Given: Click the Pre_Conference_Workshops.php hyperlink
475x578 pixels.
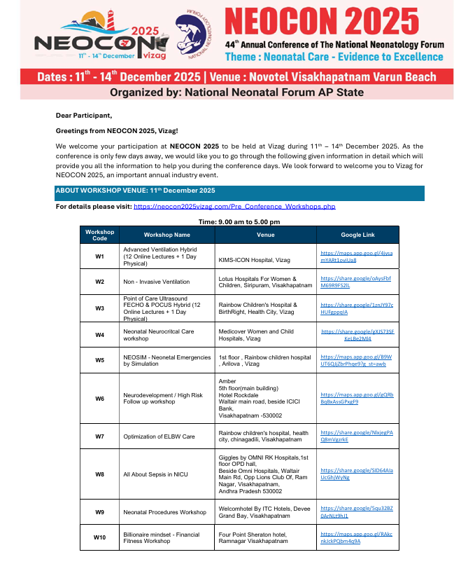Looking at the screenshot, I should pos(234,207).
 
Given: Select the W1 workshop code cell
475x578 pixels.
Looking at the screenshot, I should pos(99,256).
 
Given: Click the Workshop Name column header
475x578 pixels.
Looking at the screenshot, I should pos(166,235).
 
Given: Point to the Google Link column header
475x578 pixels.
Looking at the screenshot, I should pos(357,235).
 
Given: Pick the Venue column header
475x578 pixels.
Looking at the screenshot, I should pos(265,235).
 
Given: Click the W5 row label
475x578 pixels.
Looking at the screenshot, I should pos(99,360).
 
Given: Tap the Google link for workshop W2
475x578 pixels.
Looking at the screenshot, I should pos(355,282).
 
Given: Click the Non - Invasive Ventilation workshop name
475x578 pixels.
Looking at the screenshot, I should pos(156,282).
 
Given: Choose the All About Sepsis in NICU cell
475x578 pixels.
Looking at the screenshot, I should pos(155,474).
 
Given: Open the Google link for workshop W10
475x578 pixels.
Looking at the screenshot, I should pos(356,537).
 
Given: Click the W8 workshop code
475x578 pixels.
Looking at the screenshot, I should pos(99,474).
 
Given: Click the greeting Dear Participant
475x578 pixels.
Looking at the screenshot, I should pos(84,115).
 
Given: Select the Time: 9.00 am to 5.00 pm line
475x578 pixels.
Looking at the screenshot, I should pos(237,221).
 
